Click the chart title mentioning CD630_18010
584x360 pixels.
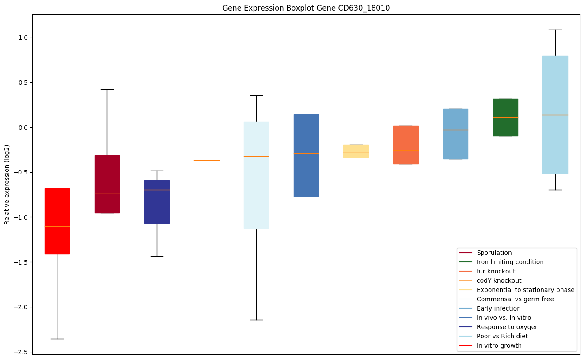[x=306, y=8]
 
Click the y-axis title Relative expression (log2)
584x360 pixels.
[x=7, y=184]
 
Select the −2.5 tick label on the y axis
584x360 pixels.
[x=19, y=352]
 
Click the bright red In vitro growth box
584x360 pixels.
[x=57, y=221]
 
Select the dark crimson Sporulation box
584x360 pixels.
[x=107, y=184]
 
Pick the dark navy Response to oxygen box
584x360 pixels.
[x=157, y=201]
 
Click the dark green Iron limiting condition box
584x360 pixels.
[x=505, y=117]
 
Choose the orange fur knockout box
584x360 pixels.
[x=406, y=145]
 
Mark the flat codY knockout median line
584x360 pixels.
[x=207, y=160]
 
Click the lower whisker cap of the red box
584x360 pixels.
[x=57, y=339]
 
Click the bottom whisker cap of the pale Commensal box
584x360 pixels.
[x=256, y=320]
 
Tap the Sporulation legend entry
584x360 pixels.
[x=494, y=253]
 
